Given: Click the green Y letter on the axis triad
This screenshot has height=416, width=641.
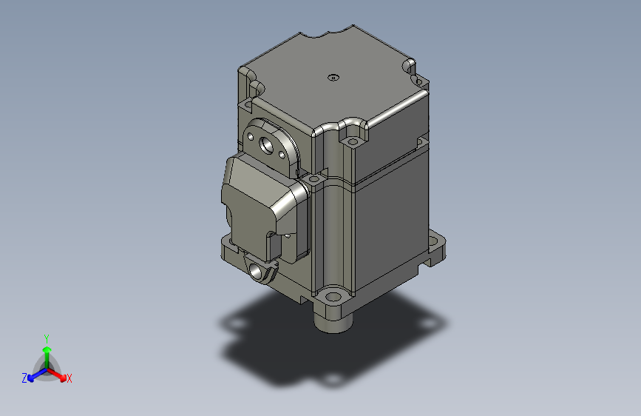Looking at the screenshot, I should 46,337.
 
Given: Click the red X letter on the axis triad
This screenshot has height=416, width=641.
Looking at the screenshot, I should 69,379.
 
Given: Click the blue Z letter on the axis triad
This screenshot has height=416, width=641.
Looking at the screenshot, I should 24,378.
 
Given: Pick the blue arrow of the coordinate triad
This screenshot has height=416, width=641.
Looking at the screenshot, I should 34,375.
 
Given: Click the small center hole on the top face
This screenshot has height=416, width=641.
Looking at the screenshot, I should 333,76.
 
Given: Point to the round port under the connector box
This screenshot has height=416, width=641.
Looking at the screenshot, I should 259,272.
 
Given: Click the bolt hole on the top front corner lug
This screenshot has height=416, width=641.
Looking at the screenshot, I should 352,138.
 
